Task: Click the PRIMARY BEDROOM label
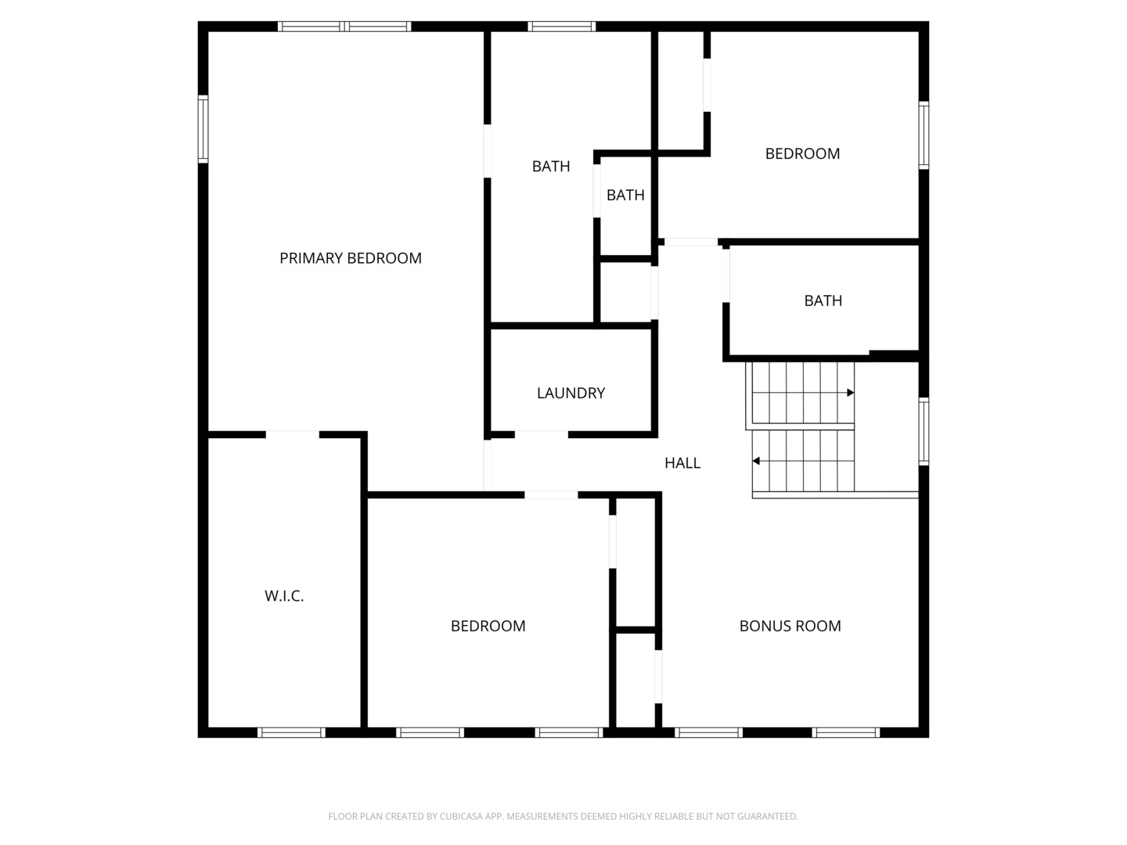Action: point(350,258)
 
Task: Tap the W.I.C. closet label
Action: point(284,595)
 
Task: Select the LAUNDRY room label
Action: point(571,393)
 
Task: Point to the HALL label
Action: point(682,462)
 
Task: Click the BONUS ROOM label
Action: point(790,626)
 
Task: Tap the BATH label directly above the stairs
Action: point(823,300)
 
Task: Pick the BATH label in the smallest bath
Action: point(625,195)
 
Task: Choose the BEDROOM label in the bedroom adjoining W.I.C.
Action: point(488,626)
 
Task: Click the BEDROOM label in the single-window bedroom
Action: point(802,153)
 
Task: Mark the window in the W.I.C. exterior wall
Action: point(291,732)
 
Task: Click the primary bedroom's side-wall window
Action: point(203,129)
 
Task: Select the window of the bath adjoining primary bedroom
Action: point(562,26)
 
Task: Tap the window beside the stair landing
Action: point(924,431)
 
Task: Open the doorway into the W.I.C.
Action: point(292,434)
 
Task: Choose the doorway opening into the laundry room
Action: point(541,434)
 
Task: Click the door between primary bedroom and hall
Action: point(488,466)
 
